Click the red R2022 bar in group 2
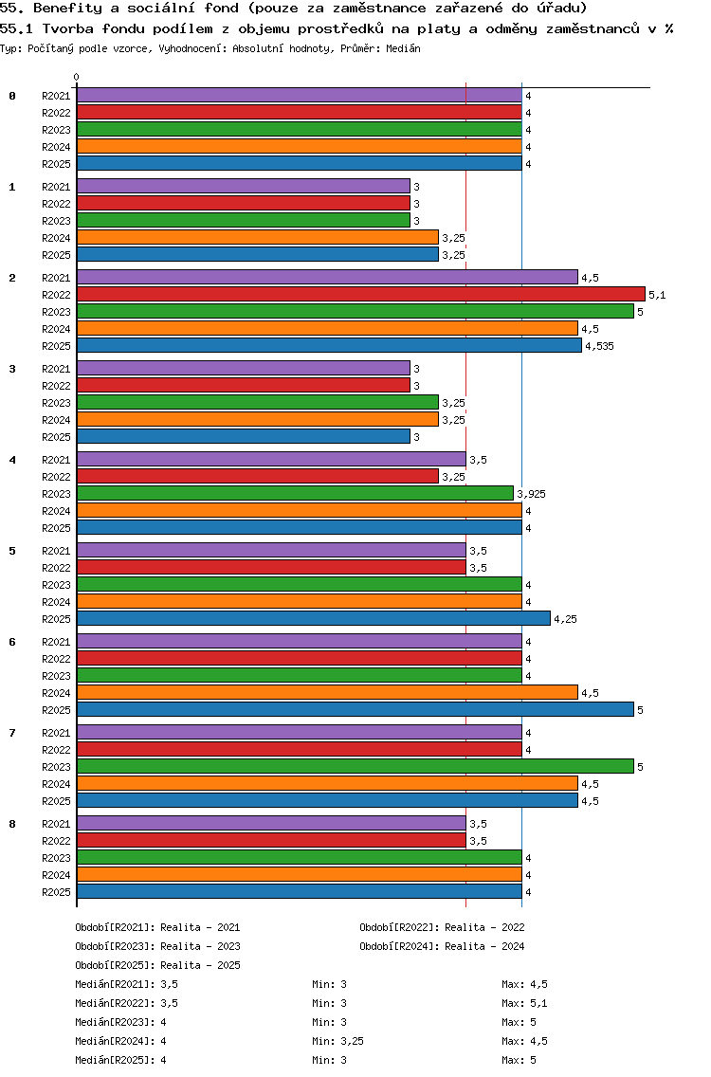pos(360,295)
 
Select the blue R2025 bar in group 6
pos(355,709)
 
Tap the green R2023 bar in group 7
pos(355,766)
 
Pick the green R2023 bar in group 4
pos(295,494)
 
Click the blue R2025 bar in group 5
pos(313,618)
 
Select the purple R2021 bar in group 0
pos(299,95)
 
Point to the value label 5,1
pos(657,295)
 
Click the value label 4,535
pos(599,346)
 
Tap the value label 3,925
pos(531,494)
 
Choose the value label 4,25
pos(565,619)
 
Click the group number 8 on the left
pos(12,824)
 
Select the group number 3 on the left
pos(12,369)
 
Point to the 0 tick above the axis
pos(77,78)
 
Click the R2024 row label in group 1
pos(56,238)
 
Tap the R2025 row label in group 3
pos(56,437)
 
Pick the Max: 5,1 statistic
pos(525,1003)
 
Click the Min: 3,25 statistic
pos(337,1041)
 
